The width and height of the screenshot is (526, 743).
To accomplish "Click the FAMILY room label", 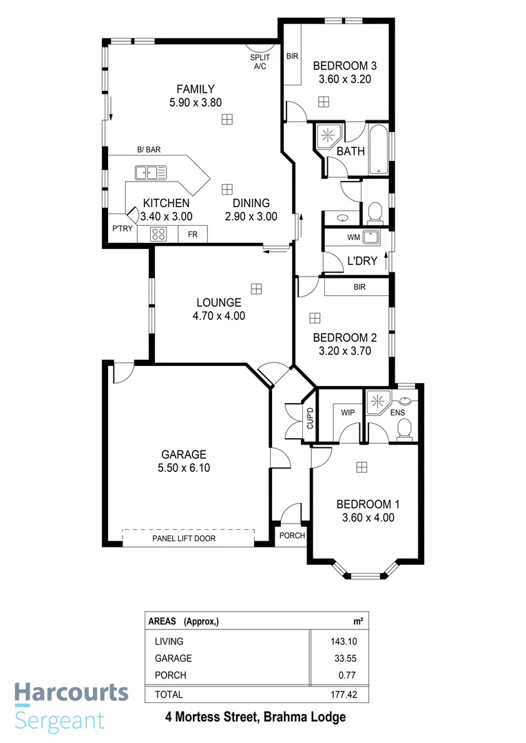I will point(196,89).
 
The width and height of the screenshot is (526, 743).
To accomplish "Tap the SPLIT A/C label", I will point(260,62).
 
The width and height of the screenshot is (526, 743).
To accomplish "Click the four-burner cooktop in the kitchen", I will point(158,235).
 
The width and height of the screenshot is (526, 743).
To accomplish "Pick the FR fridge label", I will point(193,235).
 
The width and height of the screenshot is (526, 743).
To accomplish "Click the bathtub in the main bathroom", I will point(379,150).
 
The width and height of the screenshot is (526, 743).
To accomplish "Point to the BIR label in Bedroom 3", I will point(292,56).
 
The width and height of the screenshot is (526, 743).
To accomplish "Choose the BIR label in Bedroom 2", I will point(359,287).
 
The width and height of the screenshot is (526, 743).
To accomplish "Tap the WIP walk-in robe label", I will point(348,413).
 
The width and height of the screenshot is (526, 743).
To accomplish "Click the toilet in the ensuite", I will point(405,429).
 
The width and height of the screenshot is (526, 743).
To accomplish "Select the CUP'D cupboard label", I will point(310,419).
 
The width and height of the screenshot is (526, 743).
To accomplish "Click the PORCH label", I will point(292,535).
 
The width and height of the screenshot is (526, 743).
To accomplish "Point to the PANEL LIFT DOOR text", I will point(184,538).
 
